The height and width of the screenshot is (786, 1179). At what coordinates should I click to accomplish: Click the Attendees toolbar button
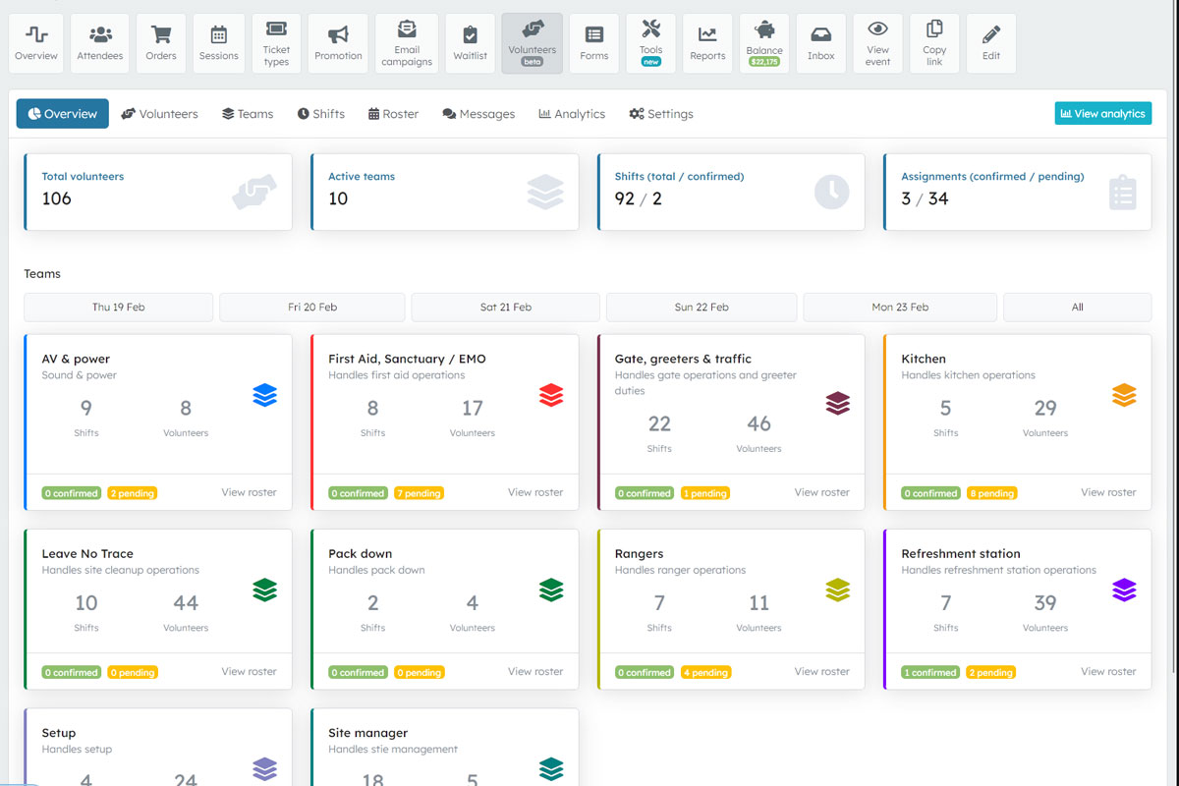100,43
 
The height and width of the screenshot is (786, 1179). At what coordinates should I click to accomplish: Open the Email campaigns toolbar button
407,43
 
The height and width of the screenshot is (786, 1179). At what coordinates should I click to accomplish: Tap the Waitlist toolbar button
471,43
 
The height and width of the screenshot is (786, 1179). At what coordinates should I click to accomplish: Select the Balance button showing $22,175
764,43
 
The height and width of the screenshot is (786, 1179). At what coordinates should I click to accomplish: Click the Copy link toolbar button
934,43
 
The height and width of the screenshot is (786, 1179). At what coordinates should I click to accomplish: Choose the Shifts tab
321,114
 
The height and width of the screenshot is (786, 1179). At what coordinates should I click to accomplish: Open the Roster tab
393,114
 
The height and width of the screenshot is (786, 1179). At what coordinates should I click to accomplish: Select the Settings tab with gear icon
661,114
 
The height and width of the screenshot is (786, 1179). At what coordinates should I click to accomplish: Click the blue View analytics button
1102,114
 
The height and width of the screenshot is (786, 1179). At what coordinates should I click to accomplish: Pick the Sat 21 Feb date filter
505,308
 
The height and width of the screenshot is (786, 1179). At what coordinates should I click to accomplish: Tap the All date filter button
1077,308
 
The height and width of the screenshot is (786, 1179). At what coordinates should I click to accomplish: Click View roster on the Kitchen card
1108,492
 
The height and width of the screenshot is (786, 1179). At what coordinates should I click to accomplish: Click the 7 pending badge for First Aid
419,493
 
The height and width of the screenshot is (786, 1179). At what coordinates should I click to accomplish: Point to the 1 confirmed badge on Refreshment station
929,673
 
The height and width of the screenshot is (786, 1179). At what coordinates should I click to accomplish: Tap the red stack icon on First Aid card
551,395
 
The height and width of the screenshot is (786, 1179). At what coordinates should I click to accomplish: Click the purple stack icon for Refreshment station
1124,589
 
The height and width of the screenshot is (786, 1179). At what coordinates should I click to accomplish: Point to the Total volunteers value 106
57,198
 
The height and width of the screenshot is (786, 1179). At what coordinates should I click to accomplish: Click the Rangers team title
639,554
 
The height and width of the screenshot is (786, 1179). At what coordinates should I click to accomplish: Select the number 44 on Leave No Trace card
186,603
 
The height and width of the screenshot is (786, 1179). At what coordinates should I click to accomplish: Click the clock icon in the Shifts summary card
831,192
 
